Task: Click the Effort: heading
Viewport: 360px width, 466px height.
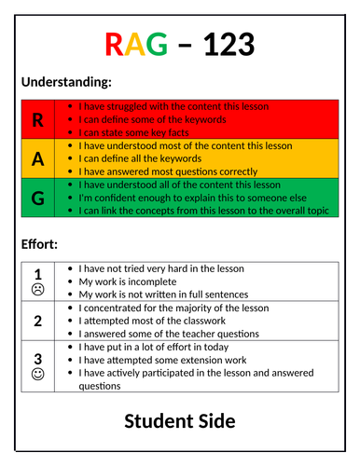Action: pos(40,246)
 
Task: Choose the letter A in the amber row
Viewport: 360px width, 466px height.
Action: pos(37,158)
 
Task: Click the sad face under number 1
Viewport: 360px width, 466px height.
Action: pos(38,290)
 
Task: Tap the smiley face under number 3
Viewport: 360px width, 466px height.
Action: pos(38,375)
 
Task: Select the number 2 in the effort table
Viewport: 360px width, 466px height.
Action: pos(38,321)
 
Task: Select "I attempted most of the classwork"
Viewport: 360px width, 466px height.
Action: pos(158,321)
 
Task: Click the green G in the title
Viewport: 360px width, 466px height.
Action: pos(159,44)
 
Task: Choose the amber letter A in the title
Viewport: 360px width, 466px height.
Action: pos(137,44)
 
